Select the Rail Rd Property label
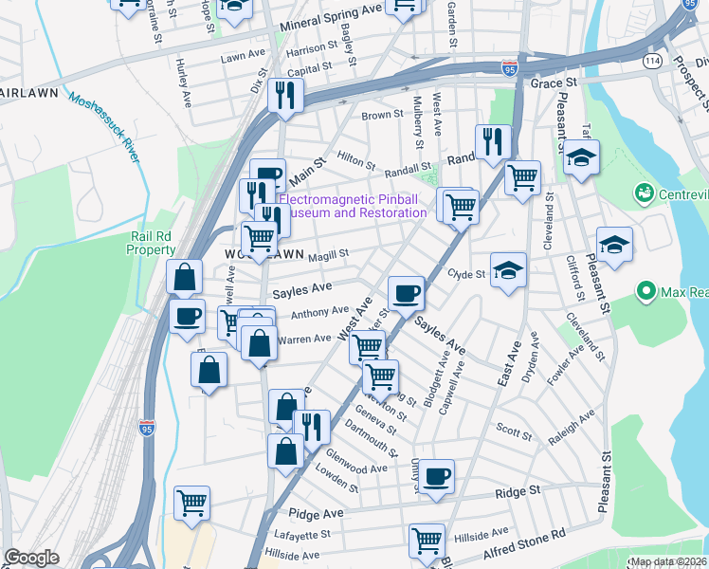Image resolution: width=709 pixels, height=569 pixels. (x=152, y=243)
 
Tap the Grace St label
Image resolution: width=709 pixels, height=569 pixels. (x=547, y=83)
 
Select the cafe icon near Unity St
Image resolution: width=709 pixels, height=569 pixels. (x=436, y=476)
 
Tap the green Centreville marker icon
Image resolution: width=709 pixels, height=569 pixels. (x=645, y=194)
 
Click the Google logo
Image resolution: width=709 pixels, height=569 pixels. (x=31, y=558)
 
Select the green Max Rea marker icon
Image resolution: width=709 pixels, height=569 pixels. (x=647, y=289)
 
